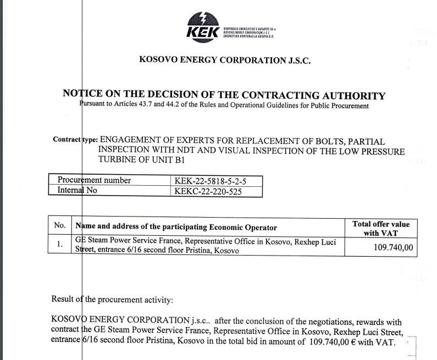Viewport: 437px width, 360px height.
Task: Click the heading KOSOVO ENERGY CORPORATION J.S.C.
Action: [x=225, y=61]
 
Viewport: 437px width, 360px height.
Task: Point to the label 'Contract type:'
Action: [x=74, y=140]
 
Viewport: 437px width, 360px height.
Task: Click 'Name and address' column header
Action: [x=176, y=226]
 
